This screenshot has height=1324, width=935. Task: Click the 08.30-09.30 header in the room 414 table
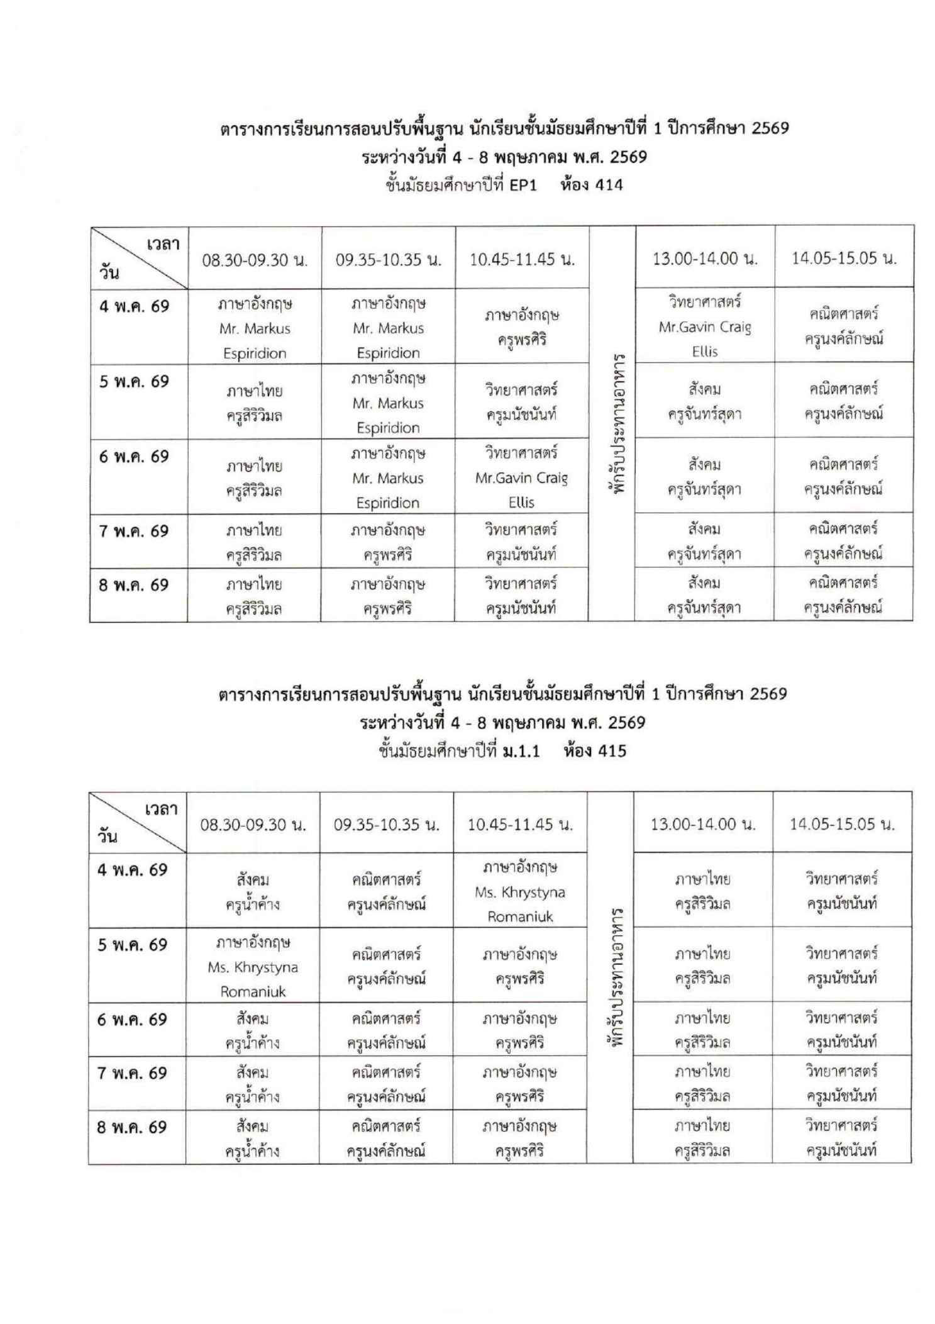click(x=255, y=260)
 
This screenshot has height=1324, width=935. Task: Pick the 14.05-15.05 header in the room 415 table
click(x=842, y=824)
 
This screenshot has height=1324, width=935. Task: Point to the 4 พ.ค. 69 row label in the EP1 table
click(x=134, y=307)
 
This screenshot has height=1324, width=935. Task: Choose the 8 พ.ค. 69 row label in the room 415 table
click(x=132, y=1127)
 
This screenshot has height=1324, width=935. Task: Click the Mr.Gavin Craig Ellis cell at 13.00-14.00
click(x=704, y=326)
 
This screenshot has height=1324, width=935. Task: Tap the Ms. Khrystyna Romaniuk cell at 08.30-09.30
click(x=253, y=967)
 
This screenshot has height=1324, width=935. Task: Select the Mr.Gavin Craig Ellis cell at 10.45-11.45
click(x=521, y=478)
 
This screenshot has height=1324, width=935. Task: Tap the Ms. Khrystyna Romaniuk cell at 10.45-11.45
click(x=519, y=892)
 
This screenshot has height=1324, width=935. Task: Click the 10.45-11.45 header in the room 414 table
click(x=522, y=260)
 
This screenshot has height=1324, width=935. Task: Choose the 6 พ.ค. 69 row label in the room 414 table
click(x=134, y=457)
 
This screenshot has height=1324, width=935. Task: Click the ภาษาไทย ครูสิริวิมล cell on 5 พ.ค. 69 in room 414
click(x=255, y=403)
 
